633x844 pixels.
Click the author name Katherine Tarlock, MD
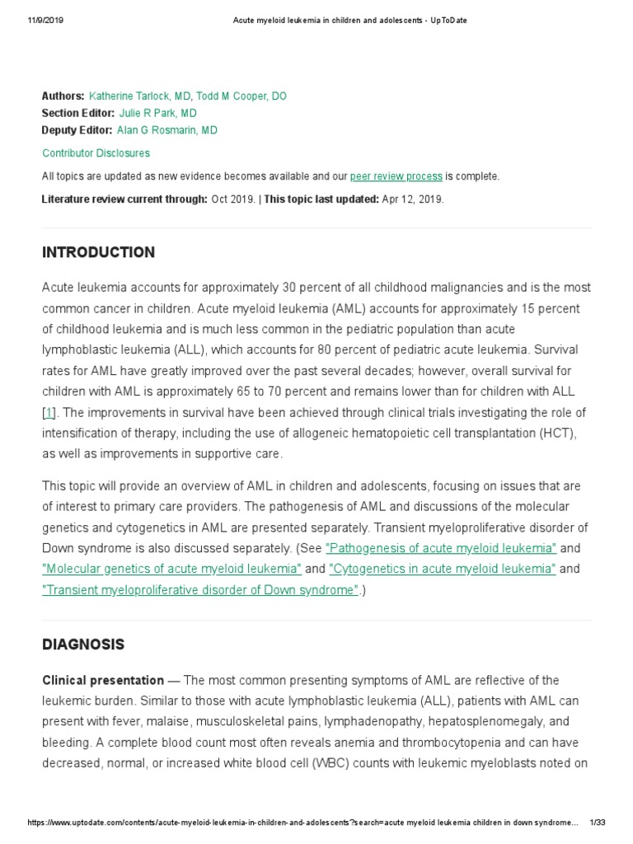click(139, 96)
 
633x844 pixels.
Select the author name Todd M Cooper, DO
click(241, 96)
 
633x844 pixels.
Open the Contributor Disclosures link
click(96, 153)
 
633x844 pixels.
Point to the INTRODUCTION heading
click(98, 252)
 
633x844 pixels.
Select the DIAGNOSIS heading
click(83, 645)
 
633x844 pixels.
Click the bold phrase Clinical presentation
click(103, 681)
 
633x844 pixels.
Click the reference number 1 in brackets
click(49, 413)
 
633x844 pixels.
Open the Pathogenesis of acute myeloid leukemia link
click(441, 548)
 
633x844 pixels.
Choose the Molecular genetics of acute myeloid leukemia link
click(171, 569)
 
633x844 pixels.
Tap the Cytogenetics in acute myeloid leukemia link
click(443, 569)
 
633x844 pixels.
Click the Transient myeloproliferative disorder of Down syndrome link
click(200, 589)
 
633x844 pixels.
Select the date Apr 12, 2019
click(413, 199)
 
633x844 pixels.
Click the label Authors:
click(63, 96)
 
